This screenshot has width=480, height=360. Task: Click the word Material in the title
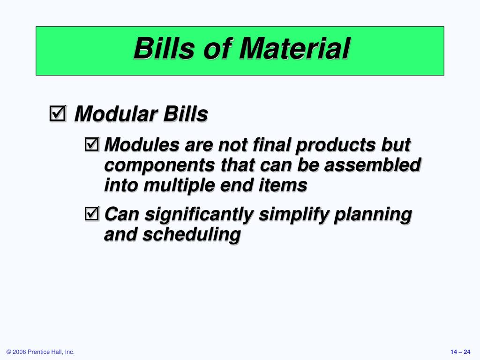294,48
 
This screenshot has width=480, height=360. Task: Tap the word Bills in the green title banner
164,48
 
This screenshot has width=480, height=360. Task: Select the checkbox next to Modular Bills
58,113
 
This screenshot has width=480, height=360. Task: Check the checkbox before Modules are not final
92,144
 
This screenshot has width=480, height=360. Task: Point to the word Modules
142,144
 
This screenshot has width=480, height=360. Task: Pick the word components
159,166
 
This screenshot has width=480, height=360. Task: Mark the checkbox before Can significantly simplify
92,214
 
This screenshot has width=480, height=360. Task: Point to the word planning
373,215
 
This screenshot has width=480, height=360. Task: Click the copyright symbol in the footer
8,352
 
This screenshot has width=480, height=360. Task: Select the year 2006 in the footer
19,352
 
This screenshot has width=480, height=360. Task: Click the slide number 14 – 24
460,352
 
